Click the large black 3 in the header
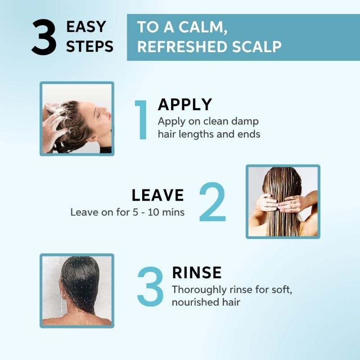44,37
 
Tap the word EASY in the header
86,27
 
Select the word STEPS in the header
90,46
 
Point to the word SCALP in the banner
256,47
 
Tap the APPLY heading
185,104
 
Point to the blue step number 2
212,202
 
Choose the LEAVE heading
158,195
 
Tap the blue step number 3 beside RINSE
150,286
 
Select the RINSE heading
197,273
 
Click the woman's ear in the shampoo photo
93,138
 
